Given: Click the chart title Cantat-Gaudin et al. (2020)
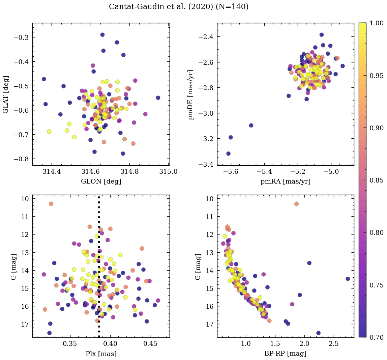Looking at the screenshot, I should pos(178,7).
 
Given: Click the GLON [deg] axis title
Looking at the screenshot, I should pos(101,182).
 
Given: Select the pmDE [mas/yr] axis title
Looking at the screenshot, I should pos(191,94).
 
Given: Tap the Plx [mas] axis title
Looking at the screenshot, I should pos(101,354).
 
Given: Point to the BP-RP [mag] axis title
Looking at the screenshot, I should pos(285,354).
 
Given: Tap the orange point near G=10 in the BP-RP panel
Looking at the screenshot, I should pos(296,204).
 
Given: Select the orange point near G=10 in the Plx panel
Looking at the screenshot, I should pos(51,204).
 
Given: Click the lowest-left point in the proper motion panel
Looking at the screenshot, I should pos(228,154).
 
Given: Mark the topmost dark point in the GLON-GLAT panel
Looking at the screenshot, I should pos(102,35).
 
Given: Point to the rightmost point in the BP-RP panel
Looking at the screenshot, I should pos(348,279).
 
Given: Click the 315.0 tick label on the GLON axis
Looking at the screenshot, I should pos(169,172).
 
